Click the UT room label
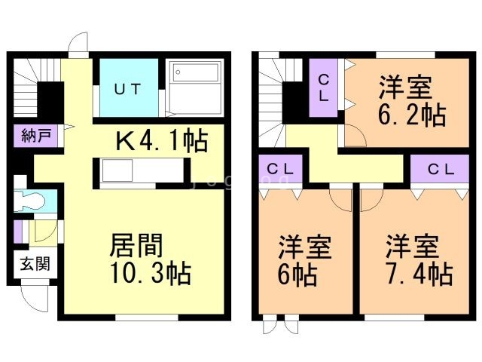coord(127,89)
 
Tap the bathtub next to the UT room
coord(194,86)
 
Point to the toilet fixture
coord(31,201)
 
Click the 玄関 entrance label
coord(29,265)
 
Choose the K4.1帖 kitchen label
coord(161,141)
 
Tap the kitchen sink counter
coord(138,173)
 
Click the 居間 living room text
coord(138,245)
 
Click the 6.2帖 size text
coord(413,115)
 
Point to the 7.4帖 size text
coord(419,273)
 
